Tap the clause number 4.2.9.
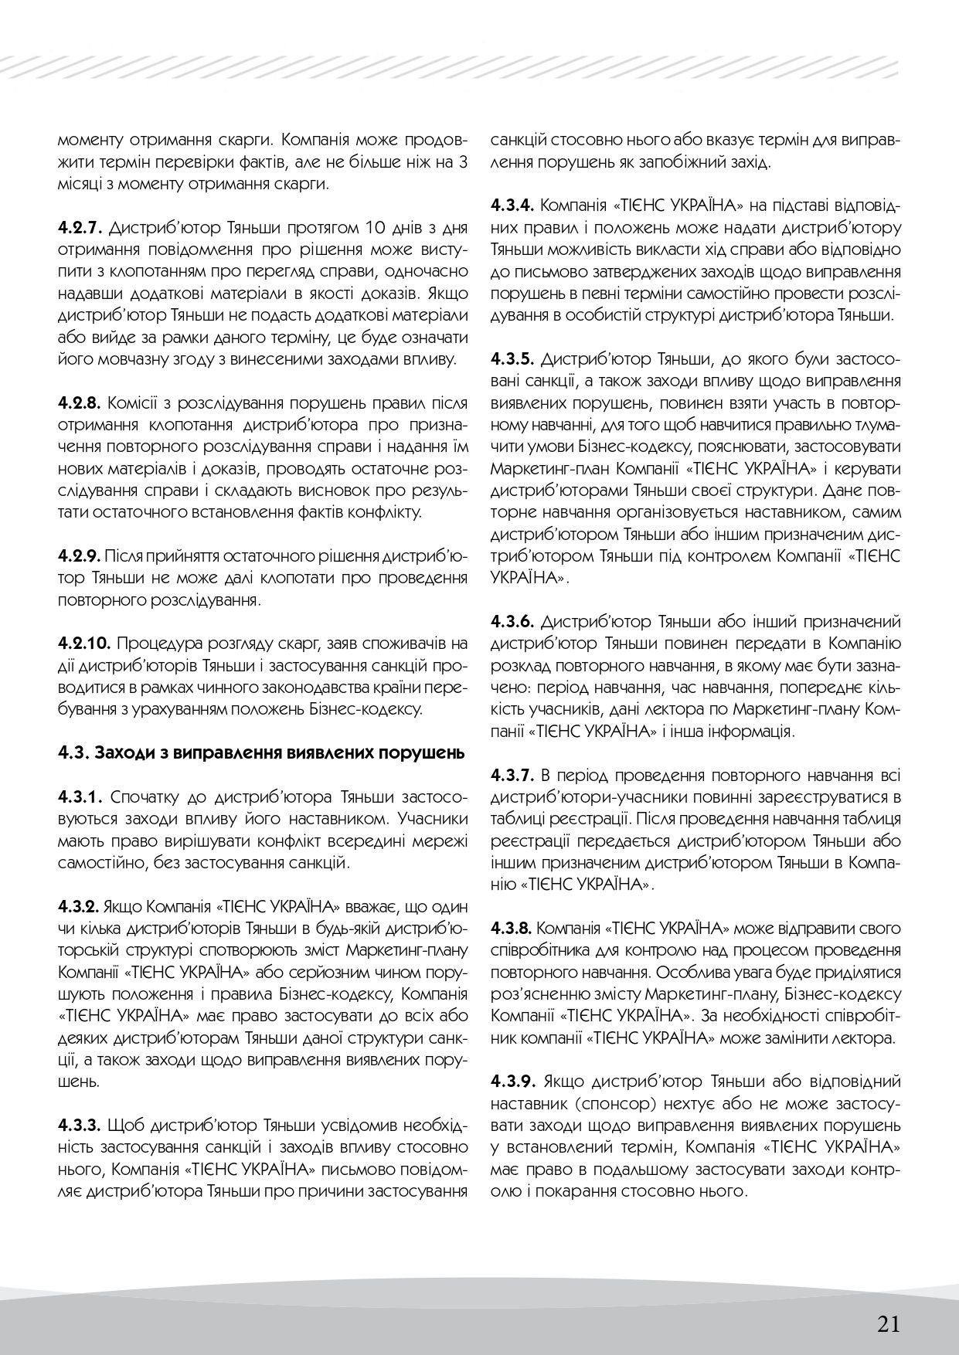tap(79, 555)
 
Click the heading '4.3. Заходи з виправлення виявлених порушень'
tap(260, 752)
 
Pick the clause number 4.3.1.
tap(80, 796)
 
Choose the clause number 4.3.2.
tap(79, 905)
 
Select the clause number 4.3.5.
tap(513, 359)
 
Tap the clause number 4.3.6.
tap(513, 621)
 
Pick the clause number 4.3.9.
tap(513, 1079)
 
